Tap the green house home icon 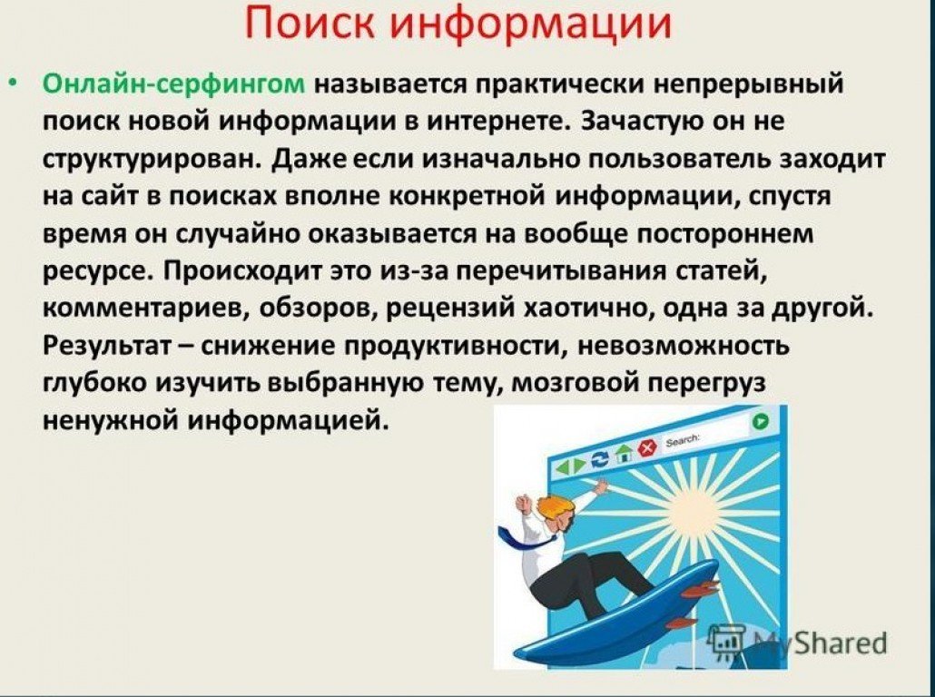624,453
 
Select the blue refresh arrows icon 599,459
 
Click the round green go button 760,421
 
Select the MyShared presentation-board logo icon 726,642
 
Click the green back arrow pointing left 561,468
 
